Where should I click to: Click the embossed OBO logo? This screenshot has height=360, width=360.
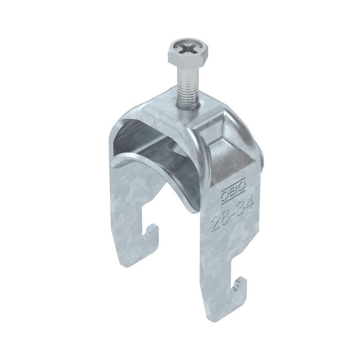(233, 191)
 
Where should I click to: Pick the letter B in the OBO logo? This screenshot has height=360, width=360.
(233, 192)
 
